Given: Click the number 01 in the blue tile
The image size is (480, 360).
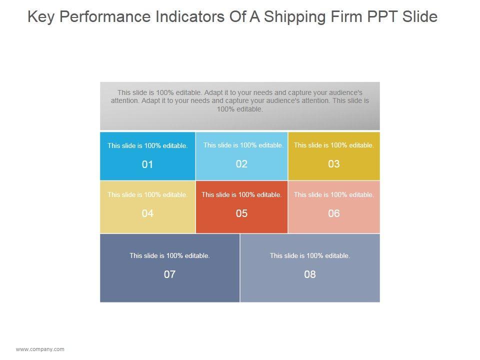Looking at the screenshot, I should [x=147, y=164].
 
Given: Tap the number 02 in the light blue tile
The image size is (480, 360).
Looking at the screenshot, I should [x=241, y=164].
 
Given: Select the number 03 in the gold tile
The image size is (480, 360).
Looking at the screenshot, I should [x=334, y=164].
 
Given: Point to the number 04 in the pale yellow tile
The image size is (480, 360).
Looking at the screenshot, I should [x=147, y=213].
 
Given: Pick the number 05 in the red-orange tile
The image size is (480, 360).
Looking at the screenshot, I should [x=241, y=213].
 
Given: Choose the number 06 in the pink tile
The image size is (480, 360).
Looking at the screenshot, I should [x=334, y=213].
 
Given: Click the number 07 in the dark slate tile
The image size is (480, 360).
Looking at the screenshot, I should [x=169, y=274].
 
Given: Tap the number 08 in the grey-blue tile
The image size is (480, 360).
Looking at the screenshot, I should [x=310, y=274].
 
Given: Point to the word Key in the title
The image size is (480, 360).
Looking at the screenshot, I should [x=39, y=17].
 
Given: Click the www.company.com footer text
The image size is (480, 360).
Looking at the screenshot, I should [x=40, y=349].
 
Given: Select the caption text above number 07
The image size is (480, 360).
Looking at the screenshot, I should [x=169, y=255].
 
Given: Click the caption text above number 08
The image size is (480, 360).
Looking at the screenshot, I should [x=310, y=255].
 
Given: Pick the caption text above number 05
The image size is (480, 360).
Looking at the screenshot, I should [x=241, y=194].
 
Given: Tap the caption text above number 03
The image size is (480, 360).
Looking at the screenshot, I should [x=334, y=145].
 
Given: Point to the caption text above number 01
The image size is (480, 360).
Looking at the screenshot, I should [x=147, y=146].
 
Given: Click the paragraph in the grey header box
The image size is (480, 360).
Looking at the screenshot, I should [x=240, y=100].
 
